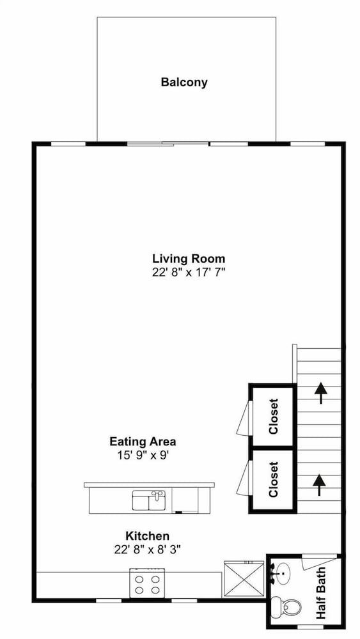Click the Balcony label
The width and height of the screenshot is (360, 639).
coord(184,82)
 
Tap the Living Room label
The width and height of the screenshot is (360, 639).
coord(189,258)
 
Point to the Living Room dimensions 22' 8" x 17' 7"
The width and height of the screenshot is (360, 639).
coord(189,272)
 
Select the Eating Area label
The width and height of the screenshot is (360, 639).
coord(143,442)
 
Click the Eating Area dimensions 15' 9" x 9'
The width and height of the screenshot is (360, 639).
coord(143,455)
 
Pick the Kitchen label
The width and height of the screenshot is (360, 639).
coord(147,535)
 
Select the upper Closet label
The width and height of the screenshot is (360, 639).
coord(273,416)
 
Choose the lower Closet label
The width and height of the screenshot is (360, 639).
coord(273,479)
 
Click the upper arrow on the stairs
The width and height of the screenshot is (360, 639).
coord(321,393)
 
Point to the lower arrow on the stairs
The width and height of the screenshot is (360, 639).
coord(319,485)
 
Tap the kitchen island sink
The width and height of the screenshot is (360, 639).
coord(149,500)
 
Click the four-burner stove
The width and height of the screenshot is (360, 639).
coord(148,583)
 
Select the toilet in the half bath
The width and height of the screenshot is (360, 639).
coord(286,606)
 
